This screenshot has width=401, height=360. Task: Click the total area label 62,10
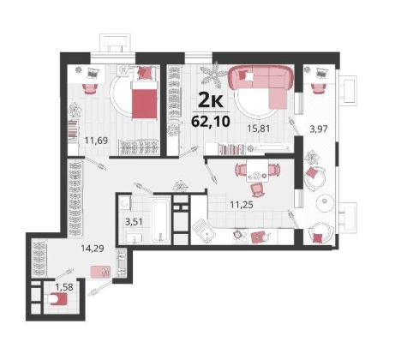click(x=211, y=122)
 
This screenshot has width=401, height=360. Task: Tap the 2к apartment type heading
click(x=211, y=100)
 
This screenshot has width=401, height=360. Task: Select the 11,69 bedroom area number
click(x=96, y=141)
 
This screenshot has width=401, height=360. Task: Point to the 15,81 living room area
click(x=259, y=129)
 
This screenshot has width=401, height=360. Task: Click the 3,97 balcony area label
click(x=319, y=129)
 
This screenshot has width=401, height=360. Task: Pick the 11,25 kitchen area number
click(x=242, y=205)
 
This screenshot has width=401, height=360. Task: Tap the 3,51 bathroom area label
click(x=135, y=221)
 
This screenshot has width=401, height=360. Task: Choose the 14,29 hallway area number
click(x=93, y=249)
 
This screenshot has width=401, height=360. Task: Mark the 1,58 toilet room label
click(x=64, y=286)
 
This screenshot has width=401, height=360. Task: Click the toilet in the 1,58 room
click(x=56, y=299)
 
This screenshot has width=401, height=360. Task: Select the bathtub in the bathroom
click(x=161, y=220)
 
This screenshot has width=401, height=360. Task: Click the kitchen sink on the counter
click(x=204, y=231)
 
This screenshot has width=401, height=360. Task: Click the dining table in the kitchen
click(x=257, y=171)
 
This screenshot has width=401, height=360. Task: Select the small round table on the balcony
click(x=325, y=202)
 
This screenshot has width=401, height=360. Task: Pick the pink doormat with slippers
click(x=100, y=272)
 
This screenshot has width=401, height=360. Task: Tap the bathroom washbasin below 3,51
click(x=135, y=238)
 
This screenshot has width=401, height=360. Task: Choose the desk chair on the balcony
click(x=319, y=88)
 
